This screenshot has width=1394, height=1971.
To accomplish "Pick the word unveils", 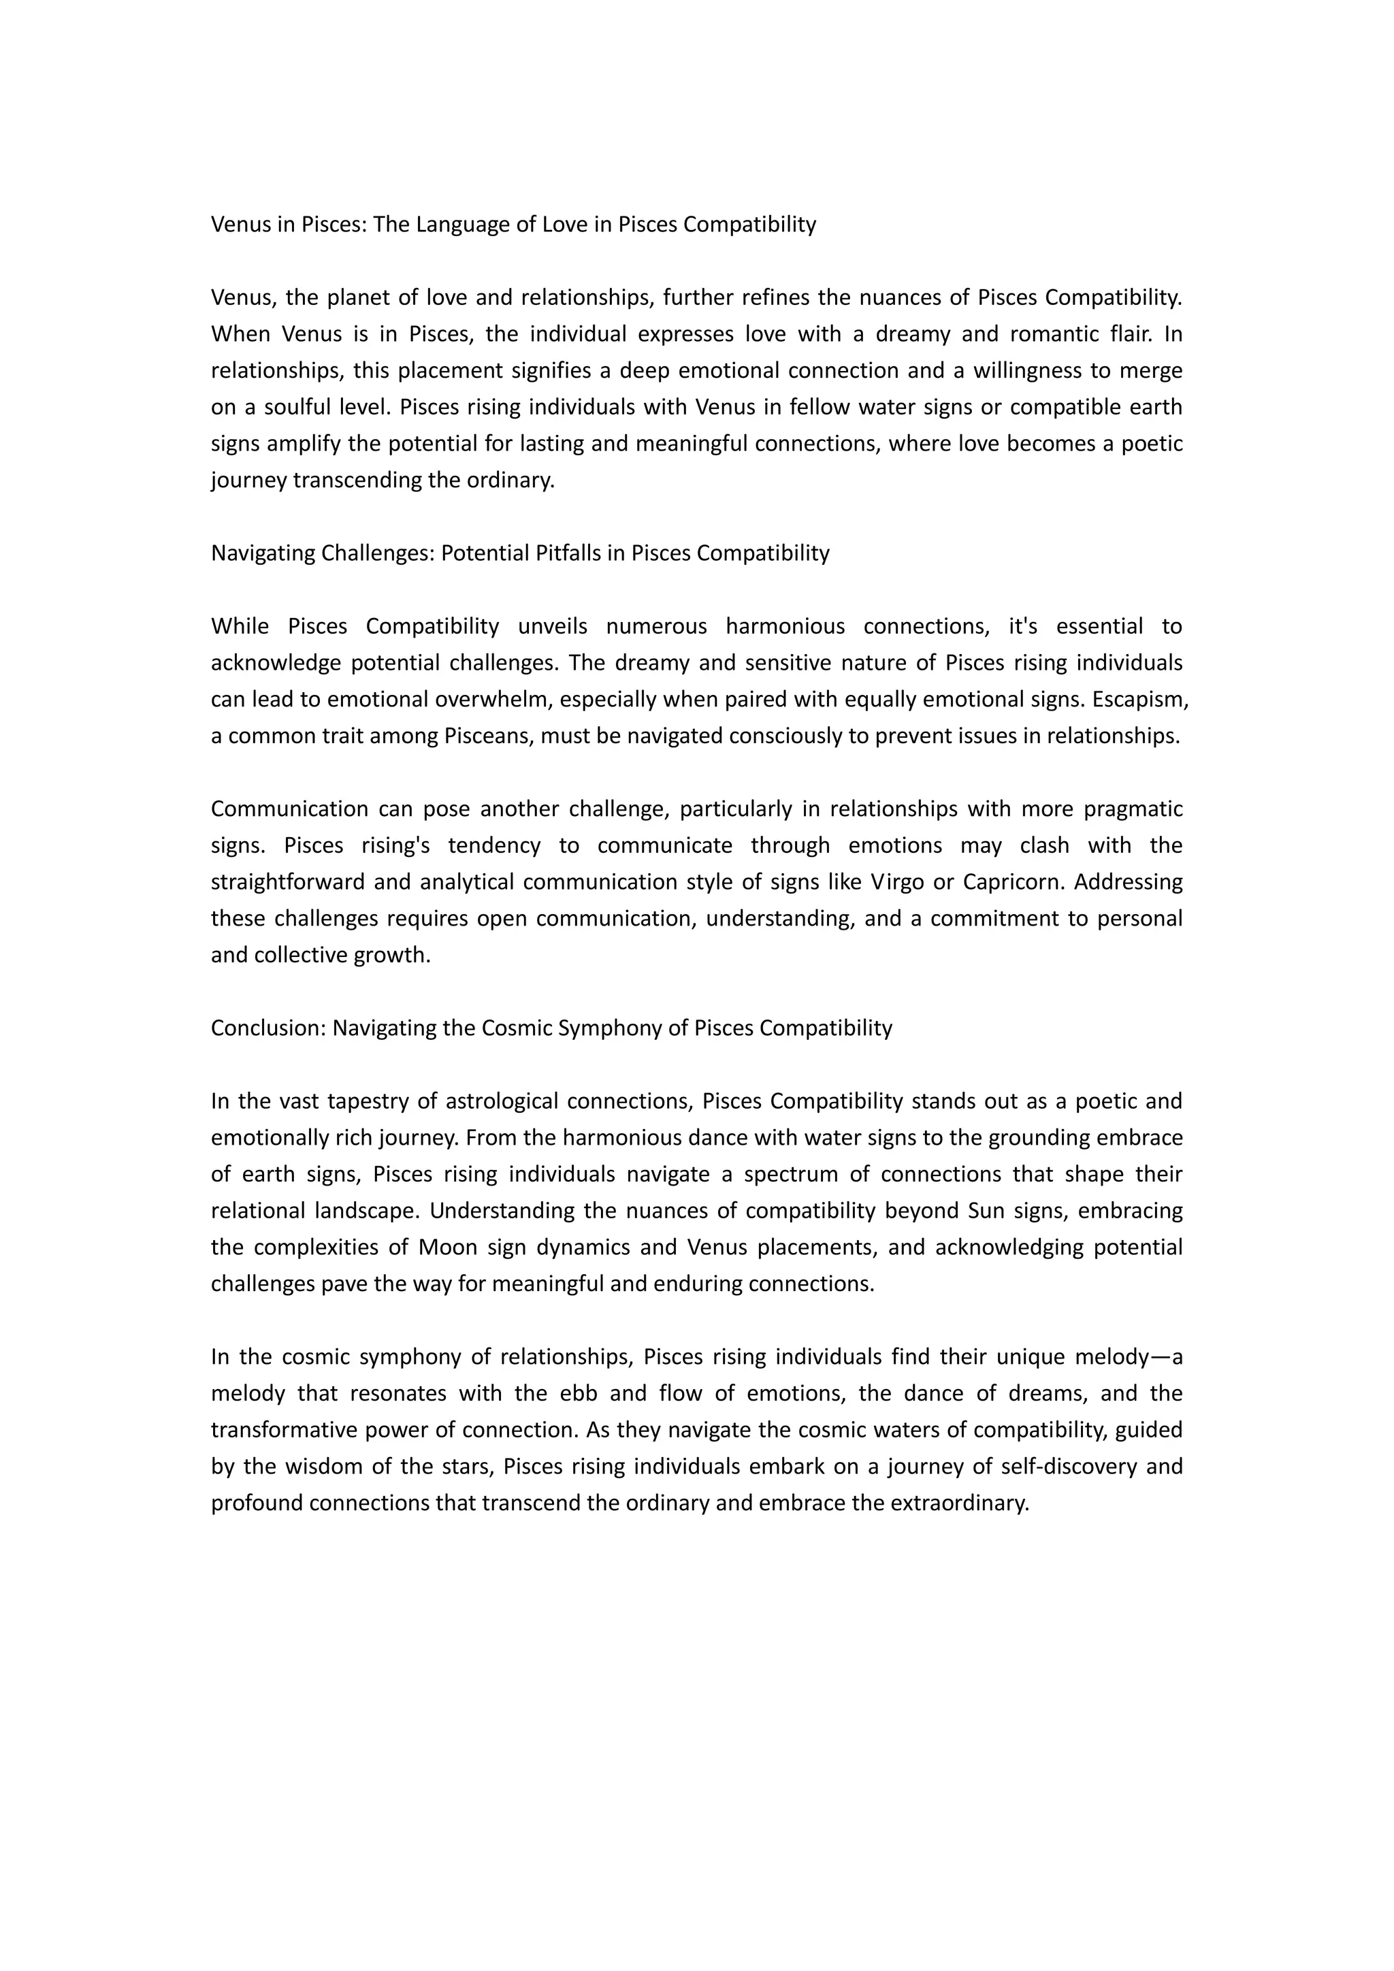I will [x=553, y=627].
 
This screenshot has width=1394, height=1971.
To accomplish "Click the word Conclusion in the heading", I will [x=266, y=1028].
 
